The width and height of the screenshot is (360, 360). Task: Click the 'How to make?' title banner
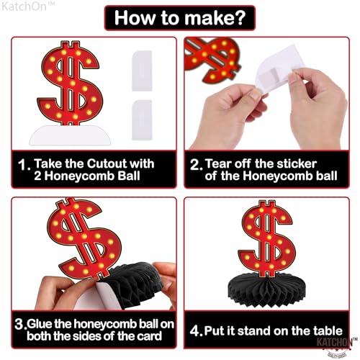[180, 17]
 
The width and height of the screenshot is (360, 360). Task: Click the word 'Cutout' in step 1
[102, 162]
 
